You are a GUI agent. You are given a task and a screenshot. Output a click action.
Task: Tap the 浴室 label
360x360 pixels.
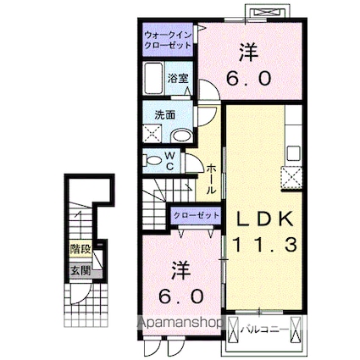coord(179,78)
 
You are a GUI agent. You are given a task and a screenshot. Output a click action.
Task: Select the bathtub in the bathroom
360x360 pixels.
coord(153,78)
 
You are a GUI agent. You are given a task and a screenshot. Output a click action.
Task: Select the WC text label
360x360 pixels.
coord(169,159)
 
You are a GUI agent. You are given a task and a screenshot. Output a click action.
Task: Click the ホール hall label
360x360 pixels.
coord(210,177)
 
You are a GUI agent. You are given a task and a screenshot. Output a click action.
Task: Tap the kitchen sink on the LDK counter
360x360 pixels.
coord(294,154)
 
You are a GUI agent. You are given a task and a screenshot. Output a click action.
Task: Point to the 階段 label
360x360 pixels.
coord(80,250)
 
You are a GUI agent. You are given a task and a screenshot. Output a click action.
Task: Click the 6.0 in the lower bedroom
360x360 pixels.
coord(181,297)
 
